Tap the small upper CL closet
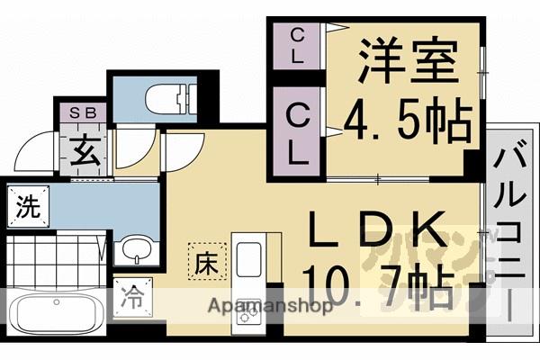298,45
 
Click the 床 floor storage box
202,263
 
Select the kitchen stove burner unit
247,311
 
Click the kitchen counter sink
247,257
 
